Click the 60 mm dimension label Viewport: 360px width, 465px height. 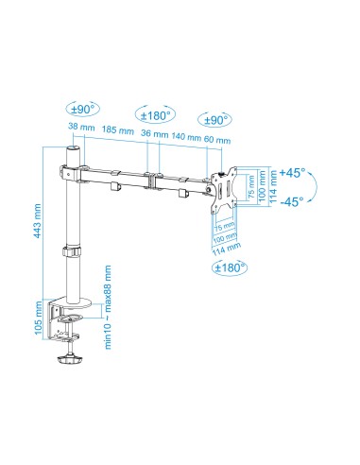click(x=216, y=140)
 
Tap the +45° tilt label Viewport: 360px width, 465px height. click(x=297, y=173)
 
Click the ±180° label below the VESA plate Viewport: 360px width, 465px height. click(x=229, y=267)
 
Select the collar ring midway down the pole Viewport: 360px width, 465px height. click(x=69, y=252)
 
